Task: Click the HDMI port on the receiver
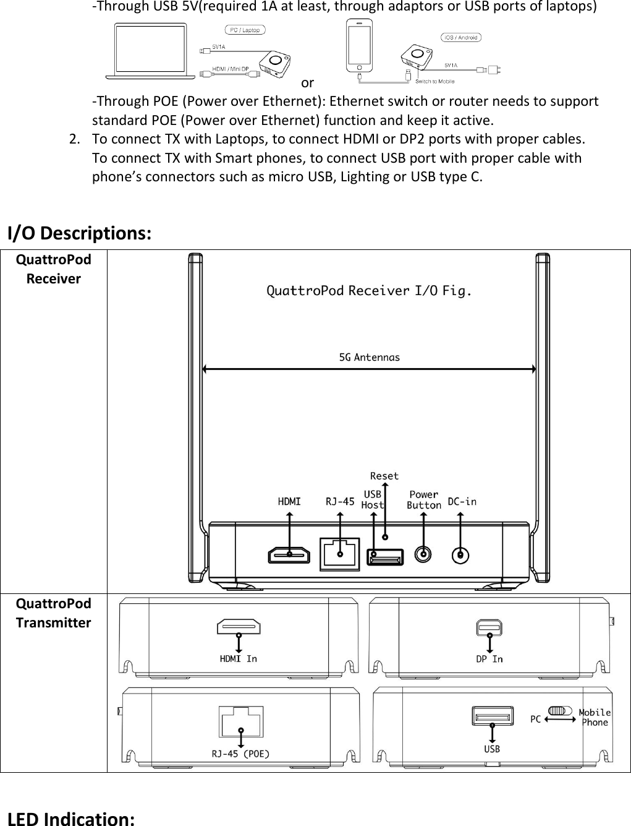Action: (289, 555)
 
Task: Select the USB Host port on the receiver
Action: (385, 557)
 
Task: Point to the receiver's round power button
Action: (423, 554)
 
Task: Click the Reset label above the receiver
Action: (384, 476)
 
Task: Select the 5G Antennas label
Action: (370, 357)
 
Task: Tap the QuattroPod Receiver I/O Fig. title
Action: (369, 290)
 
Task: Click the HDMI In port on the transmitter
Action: (239, 627)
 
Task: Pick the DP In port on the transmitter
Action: (489, 627)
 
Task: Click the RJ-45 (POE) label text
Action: (240, 754)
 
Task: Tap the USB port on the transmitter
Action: (492, 716)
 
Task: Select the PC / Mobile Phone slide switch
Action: (561, 710)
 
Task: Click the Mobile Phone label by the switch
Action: (595, 717)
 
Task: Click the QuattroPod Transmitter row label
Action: (53, 613)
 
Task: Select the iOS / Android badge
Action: (460, 37)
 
